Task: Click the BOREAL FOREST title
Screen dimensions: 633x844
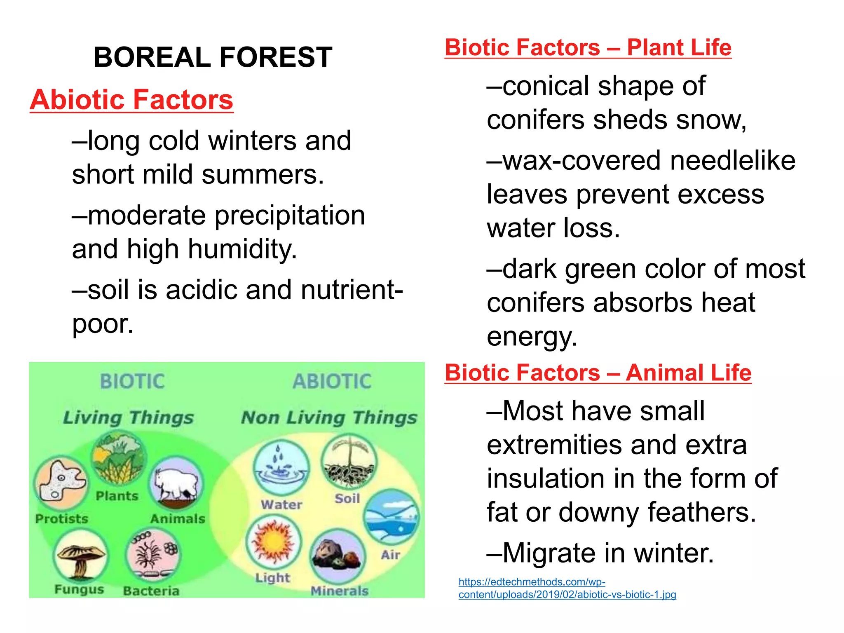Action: [213, 57]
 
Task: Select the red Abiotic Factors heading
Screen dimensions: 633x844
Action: [131, 100]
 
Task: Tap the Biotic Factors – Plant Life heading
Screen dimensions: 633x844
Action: [588, 48]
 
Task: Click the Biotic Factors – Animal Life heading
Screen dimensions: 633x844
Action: [598, 373]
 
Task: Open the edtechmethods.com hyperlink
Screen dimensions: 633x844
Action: [567, 588]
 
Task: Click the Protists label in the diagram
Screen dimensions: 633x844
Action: [62, 518]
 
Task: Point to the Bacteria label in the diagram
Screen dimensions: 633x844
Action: [151, 591]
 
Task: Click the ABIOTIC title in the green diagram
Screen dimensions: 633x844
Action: [332, 381]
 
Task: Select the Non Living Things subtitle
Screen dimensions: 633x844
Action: [329, 418]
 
